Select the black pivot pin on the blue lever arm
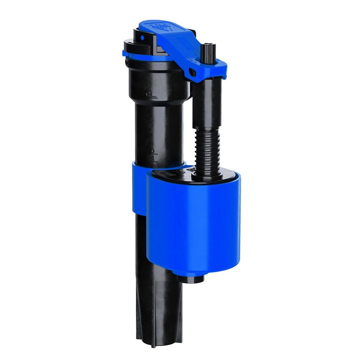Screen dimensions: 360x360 pos(192,72)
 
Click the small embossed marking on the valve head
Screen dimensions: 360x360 pos(148,94)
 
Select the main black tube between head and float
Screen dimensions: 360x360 pos(160,130)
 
